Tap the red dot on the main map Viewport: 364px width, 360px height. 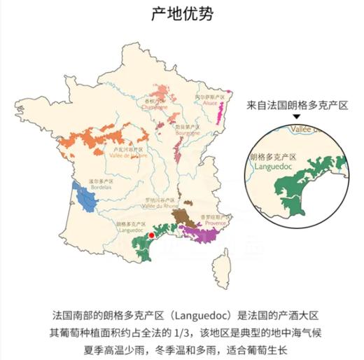click(151, 237)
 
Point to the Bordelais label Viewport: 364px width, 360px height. click(101, 185)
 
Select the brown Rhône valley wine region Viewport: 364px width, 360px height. click(185, 216)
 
